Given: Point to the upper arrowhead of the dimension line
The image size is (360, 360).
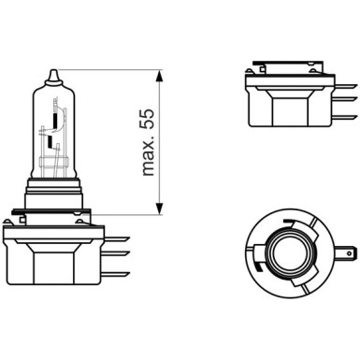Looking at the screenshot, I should (163, 73).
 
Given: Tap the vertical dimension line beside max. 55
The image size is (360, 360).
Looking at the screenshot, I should (163, 140).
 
